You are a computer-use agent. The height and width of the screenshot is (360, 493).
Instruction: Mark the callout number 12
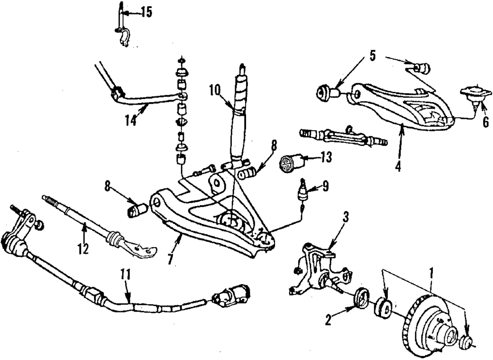tap(83, 249)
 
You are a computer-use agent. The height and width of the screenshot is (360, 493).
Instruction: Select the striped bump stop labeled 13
tap(287, 164)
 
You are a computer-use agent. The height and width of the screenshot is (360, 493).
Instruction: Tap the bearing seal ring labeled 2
tap(361, 299)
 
